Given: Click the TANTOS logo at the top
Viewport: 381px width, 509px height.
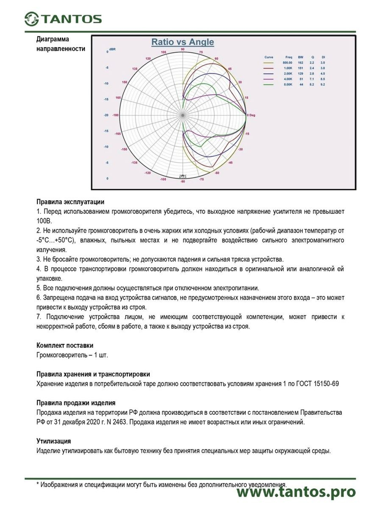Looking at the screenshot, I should (63, 19).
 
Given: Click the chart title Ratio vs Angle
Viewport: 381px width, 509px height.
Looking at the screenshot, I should (182, 42).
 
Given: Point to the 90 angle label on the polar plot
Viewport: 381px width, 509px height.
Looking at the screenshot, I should (183, 49).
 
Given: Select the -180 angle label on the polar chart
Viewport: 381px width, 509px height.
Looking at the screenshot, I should (115, 115).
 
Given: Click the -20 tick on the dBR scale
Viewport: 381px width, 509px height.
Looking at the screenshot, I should (106, 115).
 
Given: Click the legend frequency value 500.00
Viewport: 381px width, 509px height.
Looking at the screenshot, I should (288, 63).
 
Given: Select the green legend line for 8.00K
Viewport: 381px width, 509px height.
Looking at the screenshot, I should (269, 84).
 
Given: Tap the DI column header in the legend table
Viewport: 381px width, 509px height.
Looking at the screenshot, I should (323, 57).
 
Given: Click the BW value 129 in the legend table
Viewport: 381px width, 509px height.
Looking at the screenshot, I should (301, 73).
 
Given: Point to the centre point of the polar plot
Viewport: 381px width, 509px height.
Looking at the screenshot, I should (183, 115).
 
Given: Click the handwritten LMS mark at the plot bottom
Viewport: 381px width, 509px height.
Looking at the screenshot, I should (182, 176).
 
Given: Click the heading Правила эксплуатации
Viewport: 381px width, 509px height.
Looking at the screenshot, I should (70, 202).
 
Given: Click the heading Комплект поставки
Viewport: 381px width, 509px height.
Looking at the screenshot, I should (65, 346).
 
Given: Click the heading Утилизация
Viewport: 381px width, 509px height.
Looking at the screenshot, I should (54, 441).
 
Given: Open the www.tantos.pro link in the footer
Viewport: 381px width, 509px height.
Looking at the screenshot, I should (296, 492).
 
